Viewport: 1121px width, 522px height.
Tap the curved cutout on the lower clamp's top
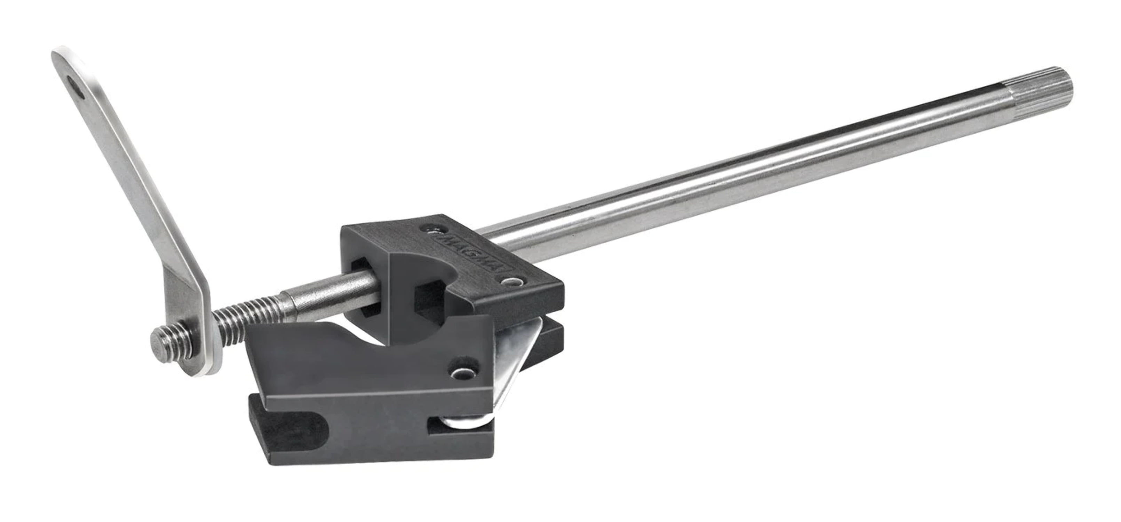[x=374, y=338]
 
